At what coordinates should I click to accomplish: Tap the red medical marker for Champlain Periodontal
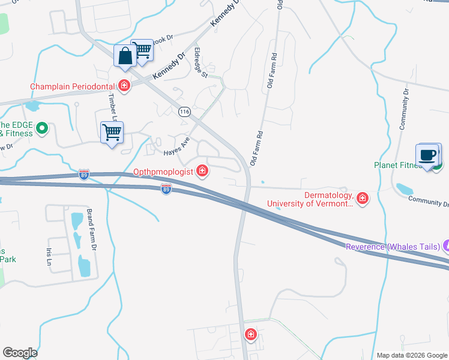click(x=124, y=86)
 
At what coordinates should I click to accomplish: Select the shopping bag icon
click(x=125, y=56)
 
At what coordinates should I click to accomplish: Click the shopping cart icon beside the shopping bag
click(x=143, y=51)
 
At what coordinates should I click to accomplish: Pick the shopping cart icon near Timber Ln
click(x=112, y=132)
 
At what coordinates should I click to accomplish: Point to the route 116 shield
click(x=184, y=112)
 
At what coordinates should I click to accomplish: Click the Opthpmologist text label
click(x=163, y=172)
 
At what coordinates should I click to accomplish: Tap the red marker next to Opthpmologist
click(x=202, y=172)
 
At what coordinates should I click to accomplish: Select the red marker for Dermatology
click(x=362, y=198)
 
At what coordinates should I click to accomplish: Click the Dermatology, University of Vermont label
click(x=310, y=199)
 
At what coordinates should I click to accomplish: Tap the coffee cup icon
click(x=428, y=155)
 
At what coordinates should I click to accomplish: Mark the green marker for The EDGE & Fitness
click(x=42, y=128)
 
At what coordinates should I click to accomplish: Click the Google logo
click(x=20, y=353)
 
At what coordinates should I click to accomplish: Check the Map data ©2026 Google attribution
click(x=412, y=355)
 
